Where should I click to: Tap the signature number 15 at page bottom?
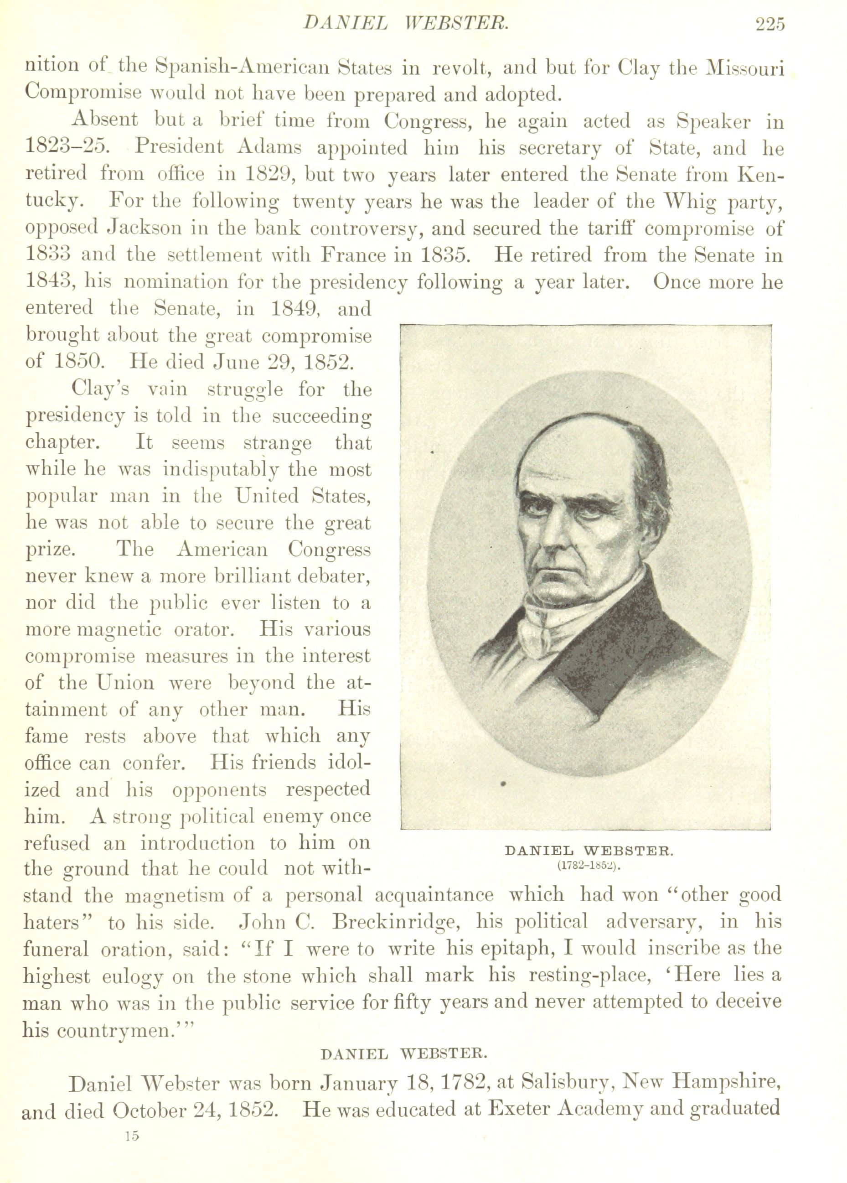[x=132, y=1165]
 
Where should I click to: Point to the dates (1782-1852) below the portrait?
[x=589, y=866]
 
